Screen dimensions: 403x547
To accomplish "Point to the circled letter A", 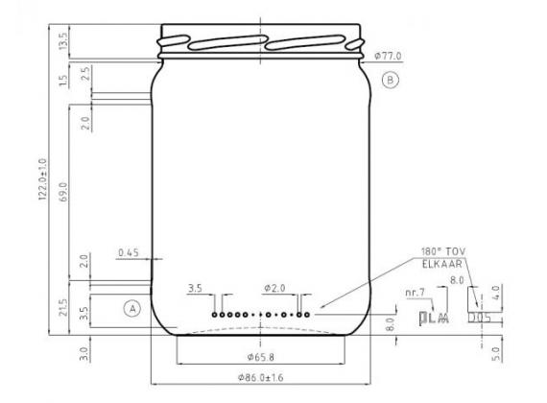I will tap(131, 308).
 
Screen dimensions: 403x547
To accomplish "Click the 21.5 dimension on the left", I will tap(64, 308).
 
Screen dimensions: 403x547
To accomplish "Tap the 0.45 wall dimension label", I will tap(128, 253).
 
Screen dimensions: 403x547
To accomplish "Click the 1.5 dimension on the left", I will tap(64, 81).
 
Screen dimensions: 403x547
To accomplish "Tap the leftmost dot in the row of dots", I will tap(215, 314).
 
